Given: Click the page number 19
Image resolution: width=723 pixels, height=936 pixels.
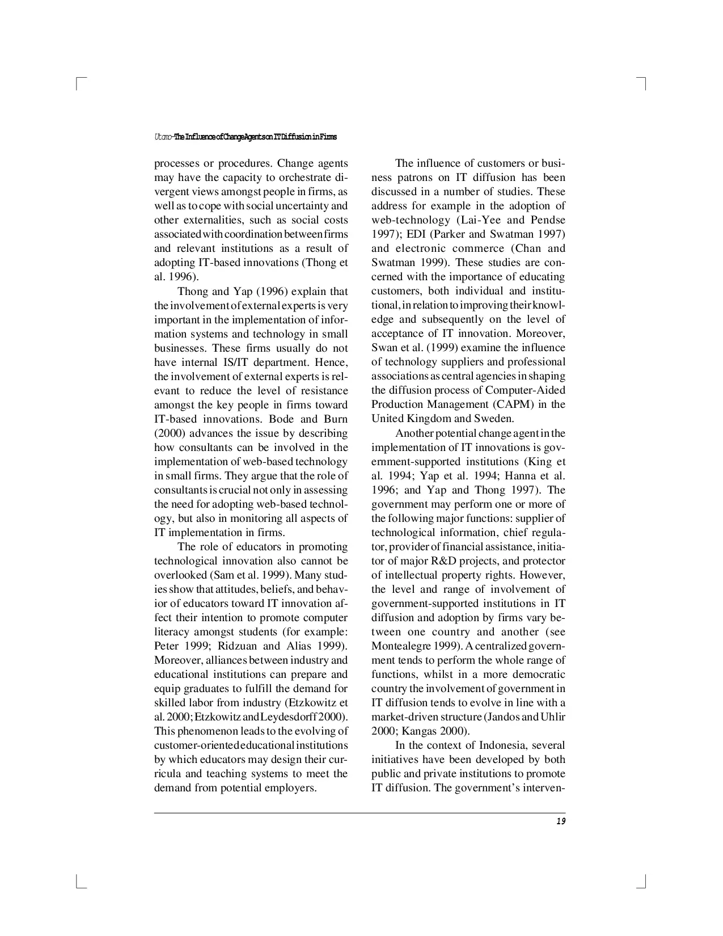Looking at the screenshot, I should [561, 821].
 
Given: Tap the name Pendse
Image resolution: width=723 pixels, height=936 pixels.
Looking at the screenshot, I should [548, 220].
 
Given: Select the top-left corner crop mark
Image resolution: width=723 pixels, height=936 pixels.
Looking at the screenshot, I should [79, 83].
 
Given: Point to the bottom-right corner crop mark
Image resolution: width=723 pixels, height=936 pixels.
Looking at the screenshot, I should [643, 883].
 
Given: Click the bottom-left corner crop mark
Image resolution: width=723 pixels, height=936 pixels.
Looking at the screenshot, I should [79, 883].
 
